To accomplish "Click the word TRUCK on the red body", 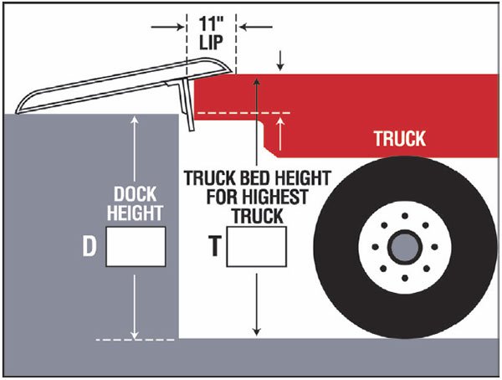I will [x=399, y=139].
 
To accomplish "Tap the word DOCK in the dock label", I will [x=134, y=193].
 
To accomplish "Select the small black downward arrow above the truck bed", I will [x=280, y=64].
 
